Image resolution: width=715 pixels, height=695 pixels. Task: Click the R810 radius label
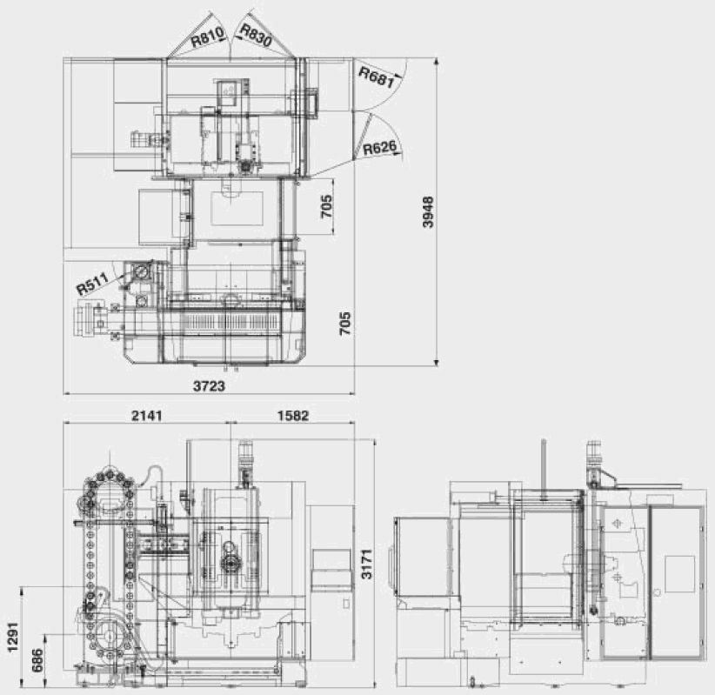click(x=208, y=37)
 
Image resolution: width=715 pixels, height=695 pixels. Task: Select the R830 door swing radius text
click(x=256, y=35)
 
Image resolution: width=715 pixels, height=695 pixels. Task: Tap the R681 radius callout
click(x=376, y=77)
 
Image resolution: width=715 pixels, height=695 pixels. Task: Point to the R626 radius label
click(x=379, y=148)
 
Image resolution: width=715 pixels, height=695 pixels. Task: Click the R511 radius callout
click(x=92, y=284)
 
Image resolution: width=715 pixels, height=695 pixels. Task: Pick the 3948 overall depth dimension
click(x=428, y=211)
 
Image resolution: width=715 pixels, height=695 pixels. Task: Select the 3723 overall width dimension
click(x=210, y=386)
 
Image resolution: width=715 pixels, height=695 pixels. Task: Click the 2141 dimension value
click(x=146, y=416)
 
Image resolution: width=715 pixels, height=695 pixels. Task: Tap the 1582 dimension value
click(x=293, y=416)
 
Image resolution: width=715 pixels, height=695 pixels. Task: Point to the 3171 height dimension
click(x=366, y=565)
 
